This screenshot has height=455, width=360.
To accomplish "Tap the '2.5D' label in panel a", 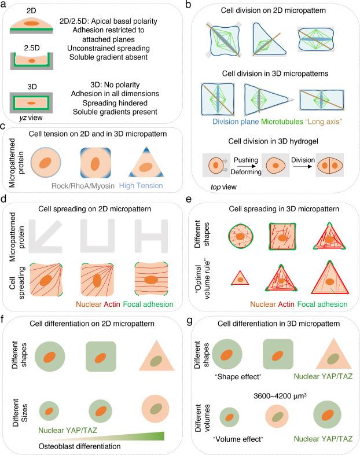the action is click(x=32, y=48).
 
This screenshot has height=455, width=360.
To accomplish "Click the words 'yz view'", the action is click(x=31, y=118).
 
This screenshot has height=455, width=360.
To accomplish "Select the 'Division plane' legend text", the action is click(x=236, y=122).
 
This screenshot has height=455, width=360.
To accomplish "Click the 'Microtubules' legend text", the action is click(x=282, y=122).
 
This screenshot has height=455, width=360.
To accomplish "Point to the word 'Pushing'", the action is click(x=246, y=160).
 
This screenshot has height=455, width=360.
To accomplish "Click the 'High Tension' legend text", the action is click(x=141, y=186).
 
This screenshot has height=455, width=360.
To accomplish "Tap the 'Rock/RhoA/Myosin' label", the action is click(x=83, y=186).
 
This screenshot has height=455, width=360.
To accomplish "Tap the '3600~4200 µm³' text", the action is click(x=280, y=396).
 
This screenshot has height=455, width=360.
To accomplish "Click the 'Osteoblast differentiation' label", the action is click(x=79, y=446).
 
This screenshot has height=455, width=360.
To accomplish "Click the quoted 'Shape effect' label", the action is click(x=238, y=377).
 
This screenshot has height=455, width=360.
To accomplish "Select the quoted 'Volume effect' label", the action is click(x=238, y=439).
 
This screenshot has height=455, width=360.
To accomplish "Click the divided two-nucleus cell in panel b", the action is click(x=330, y=166).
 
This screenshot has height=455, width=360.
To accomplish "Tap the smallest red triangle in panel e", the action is click(x=240, y=278).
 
